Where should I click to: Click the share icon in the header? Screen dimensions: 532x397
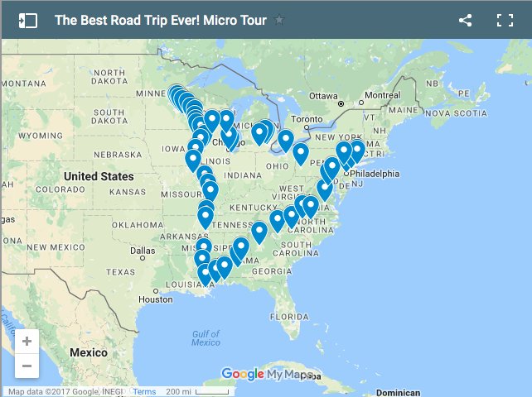pyautogui.click(x=465, y=21)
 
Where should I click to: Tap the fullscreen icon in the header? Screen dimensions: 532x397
pyautogui.click(x=505, y=21)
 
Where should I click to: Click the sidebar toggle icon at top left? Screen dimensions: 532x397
pyautogui.click(x=27, y=21)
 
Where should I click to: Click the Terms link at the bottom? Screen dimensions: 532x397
pyautogui.click(x=143, y=392)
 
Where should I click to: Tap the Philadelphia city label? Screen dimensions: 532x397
pyautogui.click(x=374, y=174)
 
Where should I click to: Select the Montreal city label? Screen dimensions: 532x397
pyautogui.click(x=381, y=96)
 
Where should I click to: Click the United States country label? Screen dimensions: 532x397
pyautogui.click(x=99, y=176)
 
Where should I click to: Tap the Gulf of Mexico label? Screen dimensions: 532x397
pyautogui.click(x=206, y=337)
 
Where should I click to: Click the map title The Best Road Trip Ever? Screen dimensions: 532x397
pyautogui.click(x=161, y=21)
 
